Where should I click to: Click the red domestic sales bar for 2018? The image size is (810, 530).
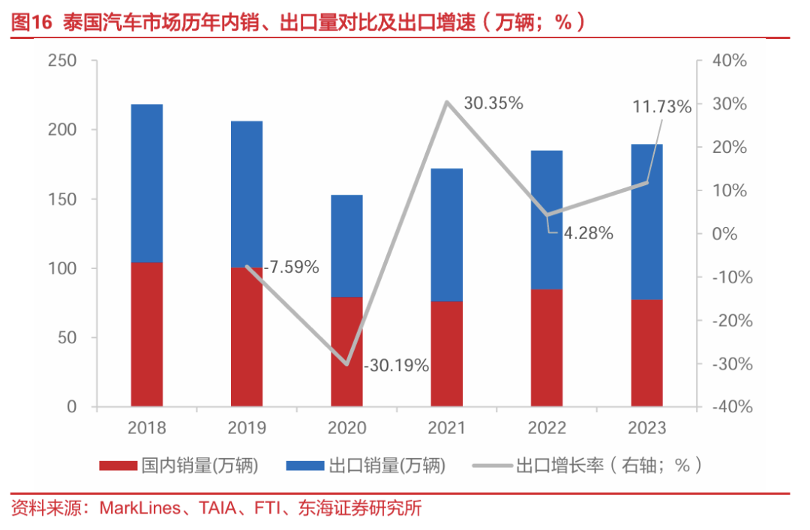[x=147, y=334]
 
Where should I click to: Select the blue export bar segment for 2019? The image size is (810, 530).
[x=247, y=193]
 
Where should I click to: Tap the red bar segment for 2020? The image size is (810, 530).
[x=346, y=352]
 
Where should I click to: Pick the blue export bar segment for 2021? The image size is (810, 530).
[x=447, y=235]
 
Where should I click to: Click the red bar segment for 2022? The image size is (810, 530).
[x=547, y=348]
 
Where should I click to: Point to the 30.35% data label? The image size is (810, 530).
[x=493, y=104]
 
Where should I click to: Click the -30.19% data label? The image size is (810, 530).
[x=396, y=366]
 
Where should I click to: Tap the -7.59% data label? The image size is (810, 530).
[x=292, y=267]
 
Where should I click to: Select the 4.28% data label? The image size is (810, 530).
[x=589, y=233]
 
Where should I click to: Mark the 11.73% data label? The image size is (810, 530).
[x=661, y=107]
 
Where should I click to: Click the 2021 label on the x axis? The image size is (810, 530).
[x=447, y=428]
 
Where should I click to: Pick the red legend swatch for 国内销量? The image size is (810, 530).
[x=119, y=466]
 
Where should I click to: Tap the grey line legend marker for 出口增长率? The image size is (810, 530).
[x=492, y=466]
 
